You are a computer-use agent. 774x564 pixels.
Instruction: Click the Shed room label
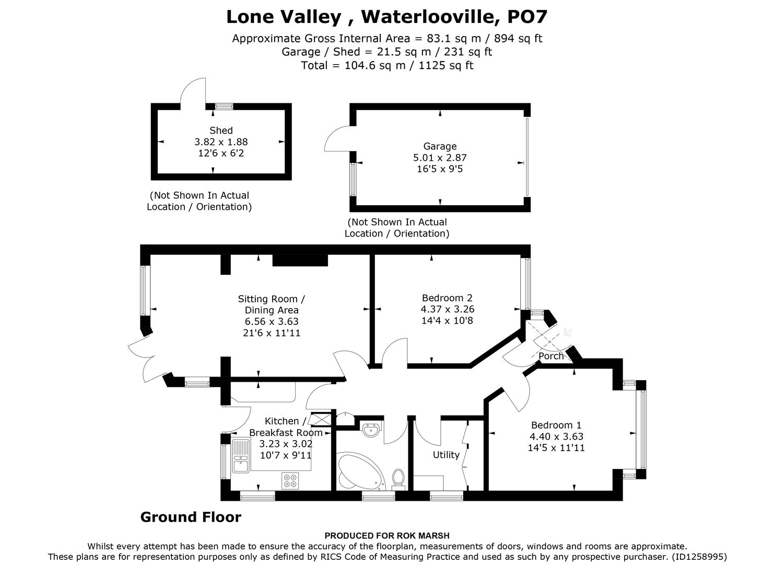[x=221, y=131]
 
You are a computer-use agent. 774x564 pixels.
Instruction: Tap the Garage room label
[x=440, y=147]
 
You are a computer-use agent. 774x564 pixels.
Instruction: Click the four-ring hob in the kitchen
[x=290, y=480]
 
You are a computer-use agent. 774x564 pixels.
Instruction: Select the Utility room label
[x=446, y=455]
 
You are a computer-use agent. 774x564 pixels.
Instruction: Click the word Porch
[x=551, y=356]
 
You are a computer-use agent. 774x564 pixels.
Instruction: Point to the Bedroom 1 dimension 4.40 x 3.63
[x=556, y=437]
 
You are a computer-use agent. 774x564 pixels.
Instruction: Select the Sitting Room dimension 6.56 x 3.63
[x=272, y=322]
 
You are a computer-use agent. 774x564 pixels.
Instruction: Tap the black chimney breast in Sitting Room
[x=300, y=260]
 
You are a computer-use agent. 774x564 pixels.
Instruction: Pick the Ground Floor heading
[x=191, y=518]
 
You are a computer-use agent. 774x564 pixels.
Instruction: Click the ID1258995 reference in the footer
[x=699, y=557]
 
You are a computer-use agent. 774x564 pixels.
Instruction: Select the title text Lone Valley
[x=284, y=17]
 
